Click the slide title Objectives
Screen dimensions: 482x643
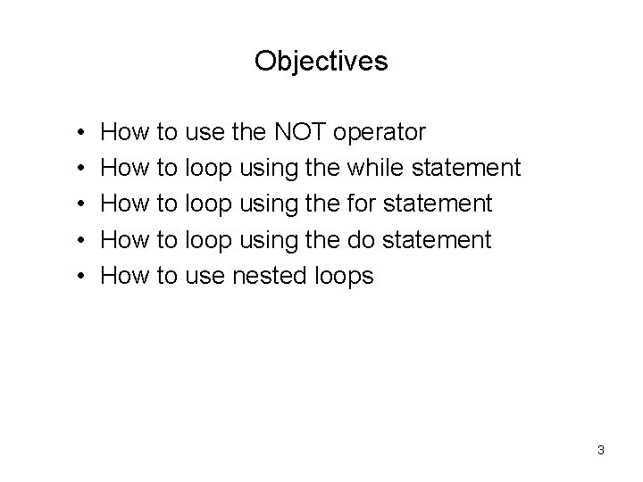click(321, 61)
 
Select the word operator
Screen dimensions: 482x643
click(380, 133)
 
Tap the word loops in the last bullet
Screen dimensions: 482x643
click(343, 277)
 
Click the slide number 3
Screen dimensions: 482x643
click(601, 450)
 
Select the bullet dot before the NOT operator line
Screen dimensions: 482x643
click(81, 134)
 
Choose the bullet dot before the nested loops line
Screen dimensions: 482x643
click(81, 277)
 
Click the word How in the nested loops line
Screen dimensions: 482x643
click(125, 276)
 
